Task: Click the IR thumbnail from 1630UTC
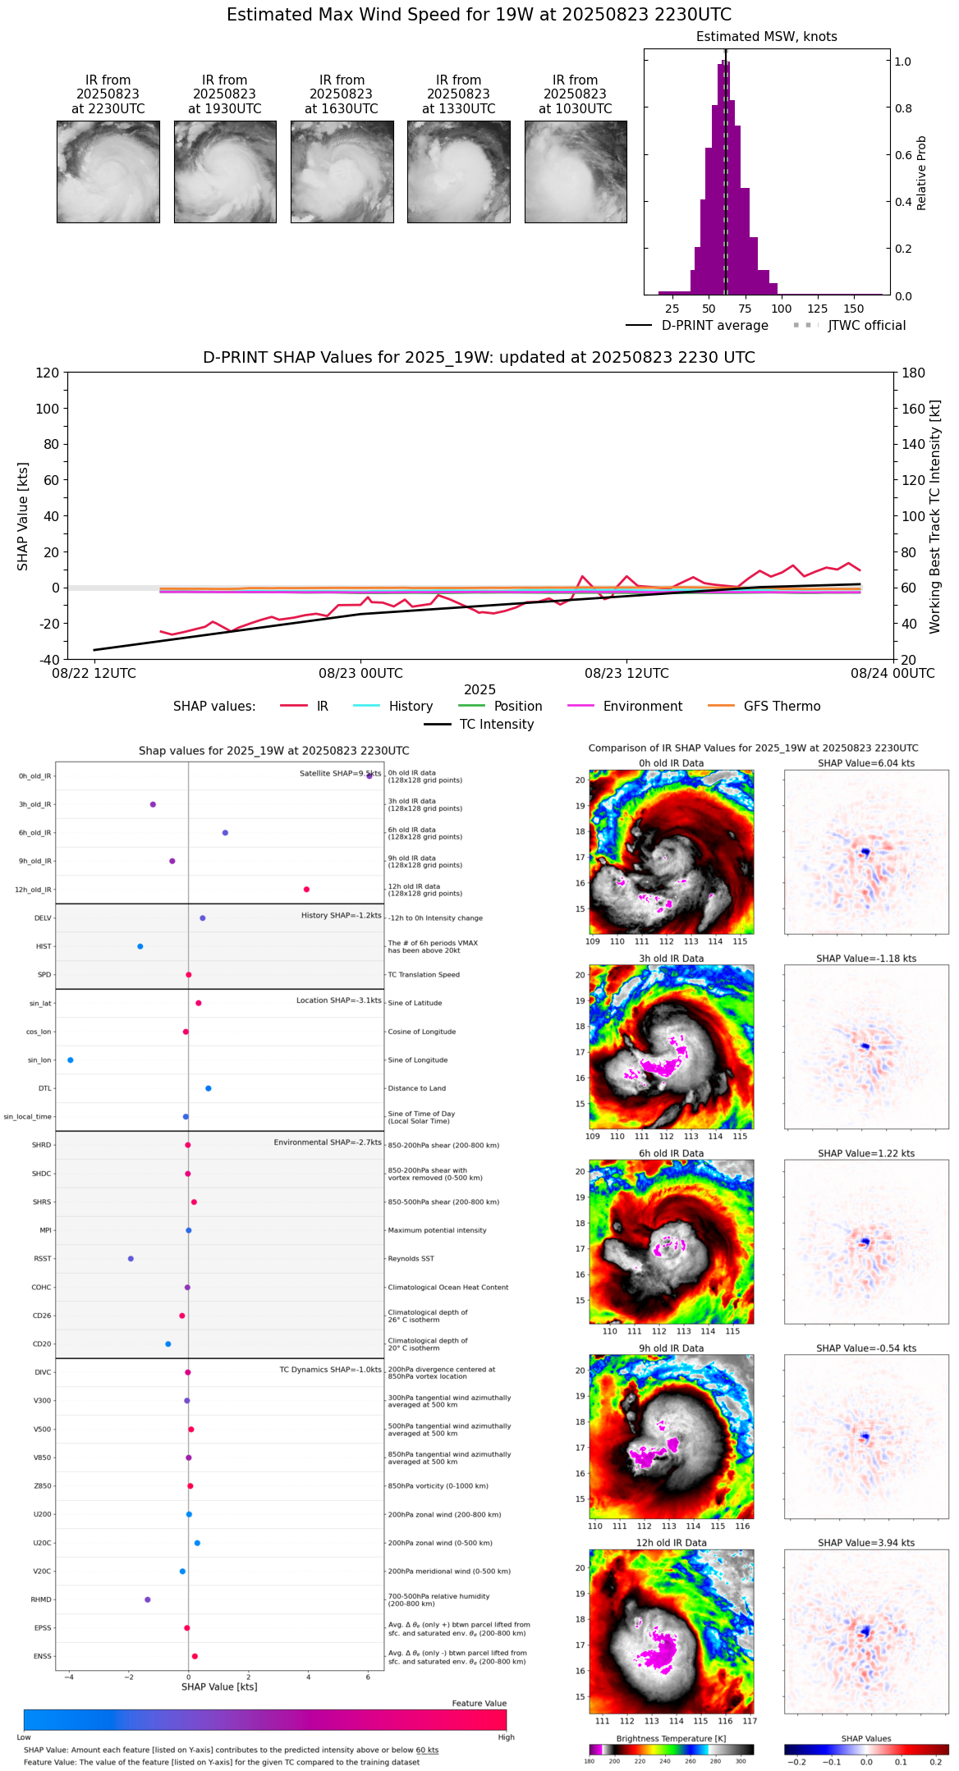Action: point(342,172)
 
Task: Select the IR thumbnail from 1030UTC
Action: point(576,172)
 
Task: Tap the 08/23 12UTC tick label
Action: point(626,674)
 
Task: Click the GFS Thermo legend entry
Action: point(782,707)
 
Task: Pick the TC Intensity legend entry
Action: point(496,725)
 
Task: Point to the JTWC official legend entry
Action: point(866,326)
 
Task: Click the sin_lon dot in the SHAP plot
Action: point(71,1060)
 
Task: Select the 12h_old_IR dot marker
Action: point(306,890)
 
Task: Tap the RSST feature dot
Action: point(131,1259)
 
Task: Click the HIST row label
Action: point(44,947)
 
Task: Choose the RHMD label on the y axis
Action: point(41,1599)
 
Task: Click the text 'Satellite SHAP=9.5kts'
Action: point(340,774)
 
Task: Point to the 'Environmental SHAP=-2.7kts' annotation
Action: point(328,1142)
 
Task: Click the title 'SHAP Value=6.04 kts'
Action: point(866,764)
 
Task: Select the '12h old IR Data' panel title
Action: point(671,1543)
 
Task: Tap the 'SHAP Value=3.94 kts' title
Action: point(866,1543)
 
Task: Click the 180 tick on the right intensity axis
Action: point(914,373)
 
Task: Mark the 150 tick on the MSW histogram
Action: point(854,309)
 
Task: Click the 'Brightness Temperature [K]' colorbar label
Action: point(671,1738)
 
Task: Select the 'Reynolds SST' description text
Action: point(411,1259)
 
